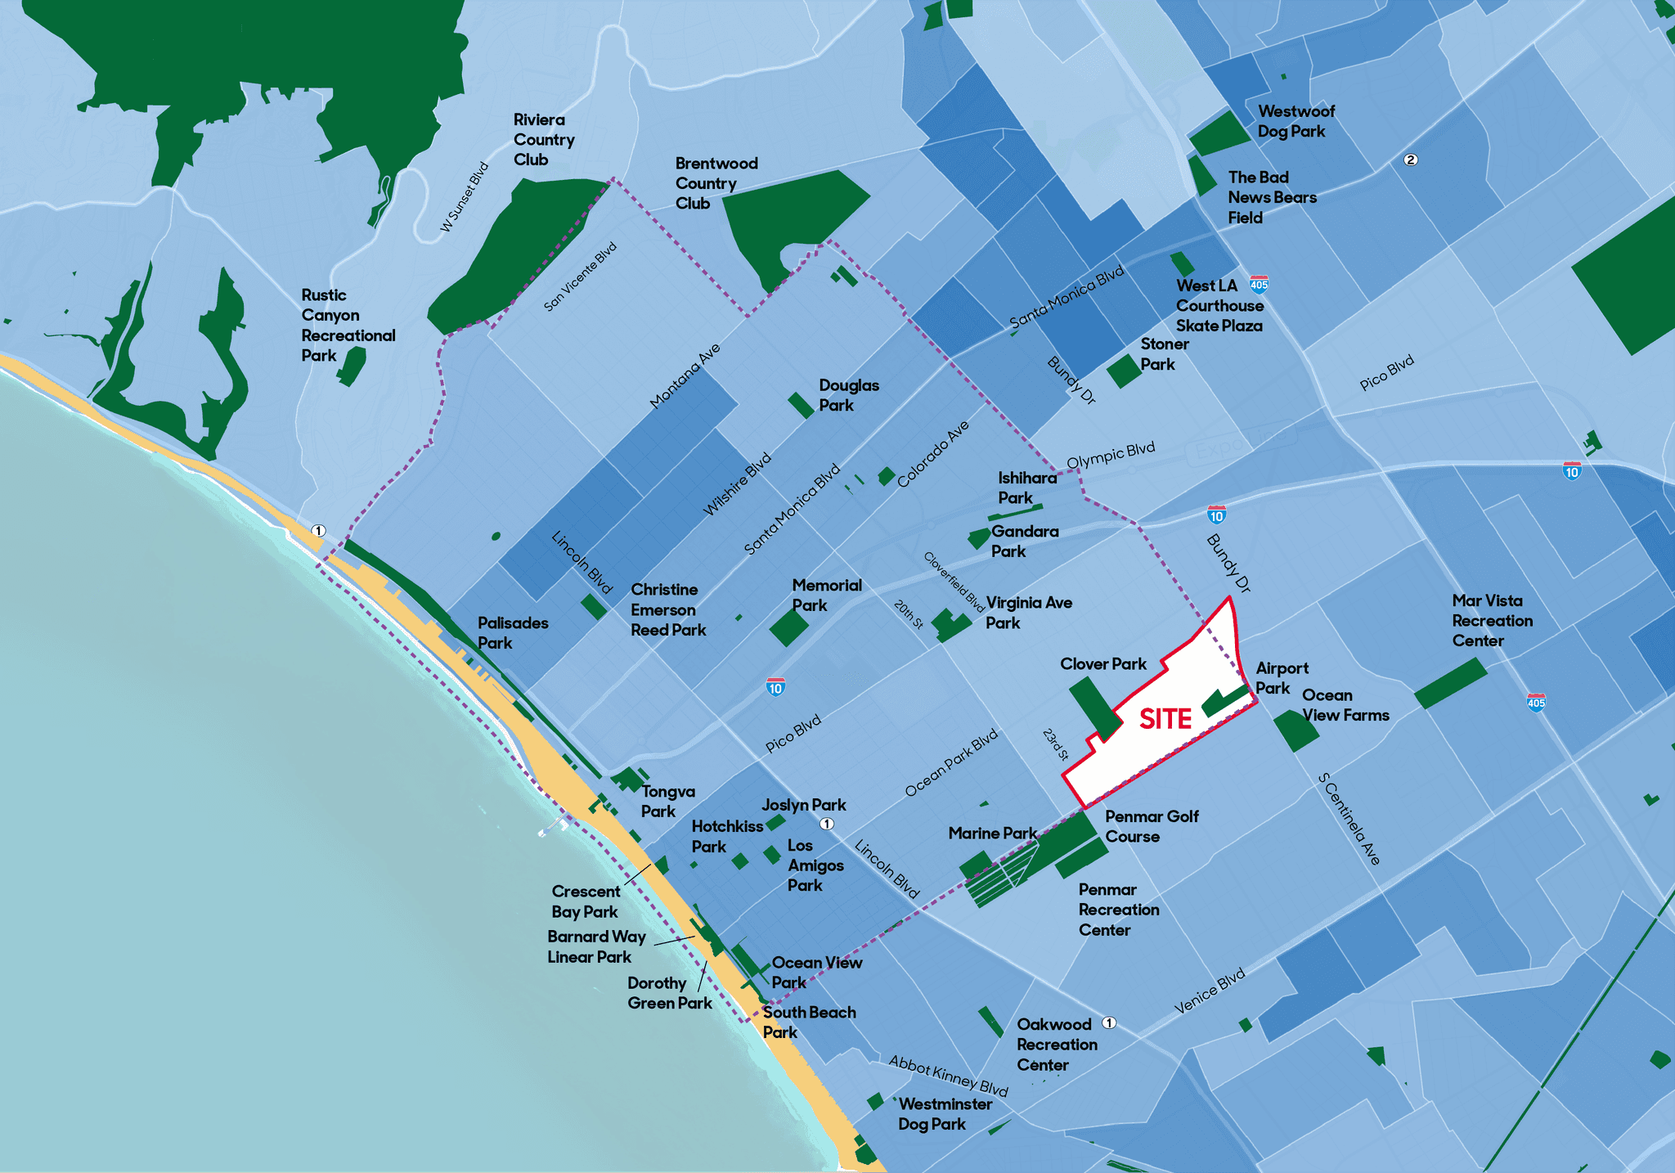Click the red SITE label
coord(1165,719)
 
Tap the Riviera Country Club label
coord(544,140)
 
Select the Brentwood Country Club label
coord(716,183)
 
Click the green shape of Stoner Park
coord(1124,371)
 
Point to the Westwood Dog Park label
coord(1296,121)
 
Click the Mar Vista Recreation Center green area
coord(1450,684)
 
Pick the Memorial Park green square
coord(788,627)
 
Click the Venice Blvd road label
coord(1210,991)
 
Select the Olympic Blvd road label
coord(1111,455)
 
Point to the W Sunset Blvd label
coord(465,197)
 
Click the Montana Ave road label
coord(685,375)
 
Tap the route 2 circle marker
coord(1410,160)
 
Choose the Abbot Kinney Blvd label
coord(948,1075)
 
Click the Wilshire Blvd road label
coord(737,484)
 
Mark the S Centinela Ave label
coord(1349,819)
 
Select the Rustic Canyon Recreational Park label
coord(348,326)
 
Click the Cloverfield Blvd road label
coord(954,582)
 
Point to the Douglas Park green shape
coord(801,405)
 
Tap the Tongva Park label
coord(667,802)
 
